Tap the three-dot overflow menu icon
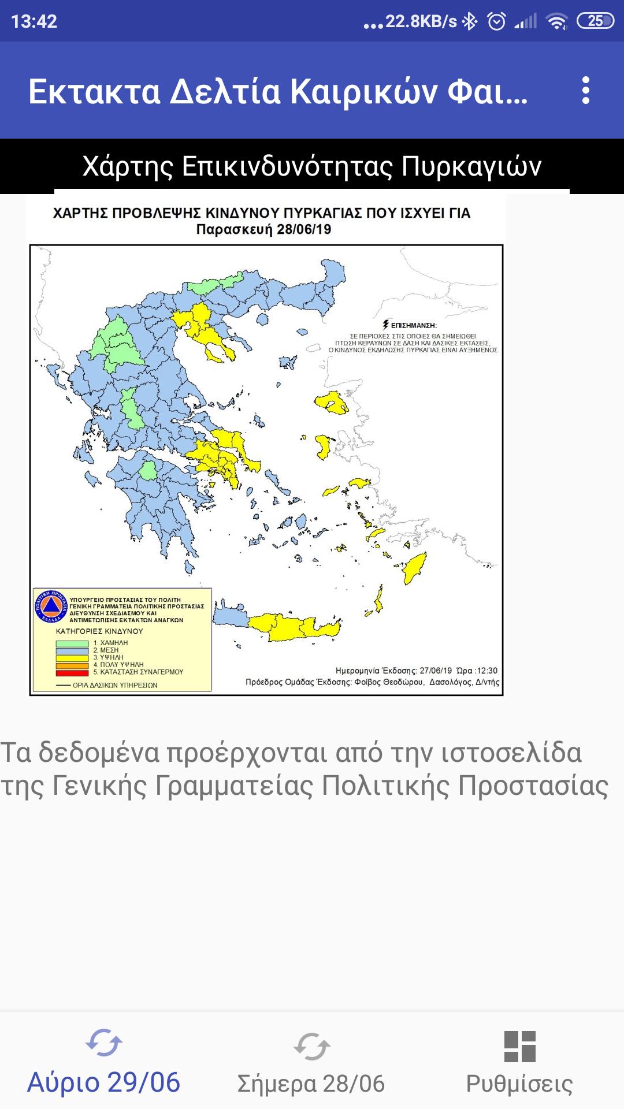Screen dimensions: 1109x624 coord(585,91)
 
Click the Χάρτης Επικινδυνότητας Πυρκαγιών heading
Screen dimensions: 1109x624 coord(312,166)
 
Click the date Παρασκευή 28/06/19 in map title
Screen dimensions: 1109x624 coord(263,229)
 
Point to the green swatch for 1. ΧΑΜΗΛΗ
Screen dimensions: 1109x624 coord(72,643)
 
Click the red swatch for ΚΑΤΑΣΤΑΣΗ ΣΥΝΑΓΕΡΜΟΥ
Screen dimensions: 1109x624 coord(72,672)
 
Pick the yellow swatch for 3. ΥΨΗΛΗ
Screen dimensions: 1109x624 coord(72,658)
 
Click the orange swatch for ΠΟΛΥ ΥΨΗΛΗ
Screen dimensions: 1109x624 coord(72,665)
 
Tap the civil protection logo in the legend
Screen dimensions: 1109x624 coord(51,606)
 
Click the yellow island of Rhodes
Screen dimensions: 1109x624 coord(415,568)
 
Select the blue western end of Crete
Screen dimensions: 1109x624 coord(231,617)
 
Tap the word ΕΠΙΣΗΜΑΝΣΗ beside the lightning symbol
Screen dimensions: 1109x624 coord(414,326)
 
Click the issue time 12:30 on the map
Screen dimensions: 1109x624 coord(486,671)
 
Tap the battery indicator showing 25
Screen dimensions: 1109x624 coord(595,21)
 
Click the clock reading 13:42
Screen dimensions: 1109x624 coord(34,21)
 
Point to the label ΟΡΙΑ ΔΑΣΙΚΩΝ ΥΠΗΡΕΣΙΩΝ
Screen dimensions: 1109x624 coord(115,685)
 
